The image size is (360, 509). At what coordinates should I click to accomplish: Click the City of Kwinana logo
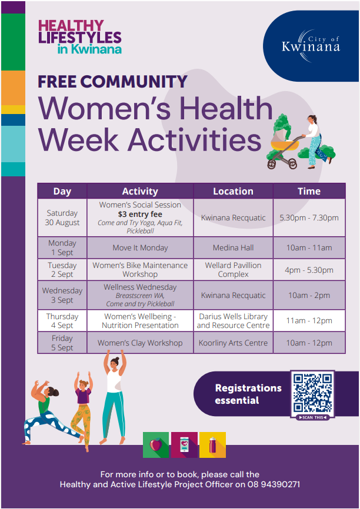point(311,46)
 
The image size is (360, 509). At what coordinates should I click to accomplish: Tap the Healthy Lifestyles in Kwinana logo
point(80,36)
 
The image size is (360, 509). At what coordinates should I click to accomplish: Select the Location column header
point(234,191)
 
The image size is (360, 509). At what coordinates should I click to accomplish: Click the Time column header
point(309,191)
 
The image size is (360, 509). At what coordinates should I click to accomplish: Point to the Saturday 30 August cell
point(62,217)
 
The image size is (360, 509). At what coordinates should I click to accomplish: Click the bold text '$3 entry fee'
point(140,215)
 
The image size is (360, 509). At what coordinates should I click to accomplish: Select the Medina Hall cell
point(234,247)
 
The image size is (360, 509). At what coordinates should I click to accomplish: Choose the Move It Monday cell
point(140,247)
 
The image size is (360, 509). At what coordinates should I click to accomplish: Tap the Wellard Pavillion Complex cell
point(234,269)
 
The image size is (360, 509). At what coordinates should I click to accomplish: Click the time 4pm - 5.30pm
point(309,270)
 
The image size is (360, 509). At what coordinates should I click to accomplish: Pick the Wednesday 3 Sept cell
point(62,295)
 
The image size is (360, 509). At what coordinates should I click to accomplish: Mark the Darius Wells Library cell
point(234,321)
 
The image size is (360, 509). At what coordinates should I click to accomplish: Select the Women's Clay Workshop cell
point(140,343)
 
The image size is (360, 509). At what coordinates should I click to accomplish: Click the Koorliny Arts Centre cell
point(234,343)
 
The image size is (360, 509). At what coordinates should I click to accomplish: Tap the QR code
point(312,393)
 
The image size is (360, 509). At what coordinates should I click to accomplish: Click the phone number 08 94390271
point(274,485)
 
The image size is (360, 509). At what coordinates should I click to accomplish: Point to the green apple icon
point(156,444)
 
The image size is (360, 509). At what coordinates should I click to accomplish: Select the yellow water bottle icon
point(212,445)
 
